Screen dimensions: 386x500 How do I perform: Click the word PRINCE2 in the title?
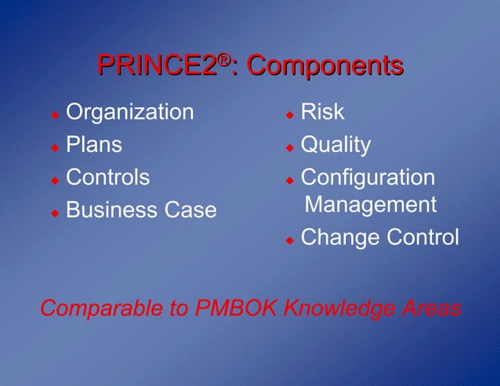point(156,67)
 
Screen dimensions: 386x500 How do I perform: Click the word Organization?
point(129,112)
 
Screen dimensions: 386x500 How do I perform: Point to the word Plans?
point(94,145)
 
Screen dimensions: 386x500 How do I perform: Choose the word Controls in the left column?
point(107,177)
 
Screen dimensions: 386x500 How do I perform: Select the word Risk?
point(322,112)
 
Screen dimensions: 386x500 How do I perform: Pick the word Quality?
point(336,145)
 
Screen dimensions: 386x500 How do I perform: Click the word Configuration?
point(368,178)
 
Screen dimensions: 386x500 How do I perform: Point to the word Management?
point(370,204)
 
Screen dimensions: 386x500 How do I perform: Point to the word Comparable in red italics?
point(101,308)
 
